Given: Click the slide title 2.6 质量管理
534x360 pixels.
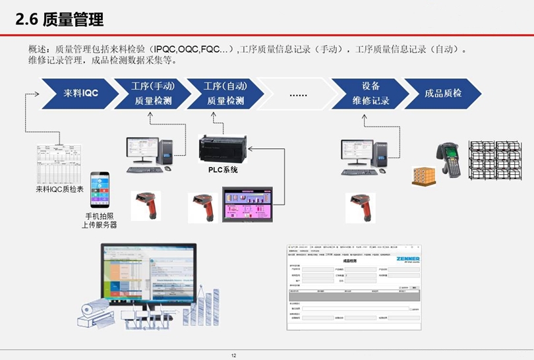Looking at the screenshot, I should tap(60, 20).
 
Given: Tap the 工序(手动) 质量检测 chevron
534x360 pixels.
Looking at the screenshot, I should tap(152, 94).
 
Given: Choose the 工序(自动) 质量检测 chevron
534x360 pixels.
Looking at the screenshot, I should tap(225, 94).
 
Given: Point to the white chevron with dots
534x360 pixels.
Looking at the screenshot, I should tap(298, 94).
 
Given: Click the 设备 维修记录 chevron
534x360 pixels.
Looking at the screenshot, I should tap(370, 94).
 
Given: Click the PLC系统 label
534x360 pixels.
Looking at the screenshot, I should tap(218, 169).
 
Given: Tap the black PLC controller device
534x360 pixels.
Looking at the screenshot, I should tap(222, 149).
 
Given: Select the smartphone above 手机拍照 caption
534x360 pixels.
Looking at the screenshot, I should tap(100, 190).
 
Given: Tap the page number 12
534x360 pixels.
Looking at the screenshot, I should tap(234, 355).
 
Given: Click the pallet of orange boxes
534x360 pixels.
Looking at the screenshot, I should tap(425, 175).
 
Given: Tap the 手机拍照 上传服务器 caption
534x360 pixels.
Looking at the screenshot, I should tap(100, 220).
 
